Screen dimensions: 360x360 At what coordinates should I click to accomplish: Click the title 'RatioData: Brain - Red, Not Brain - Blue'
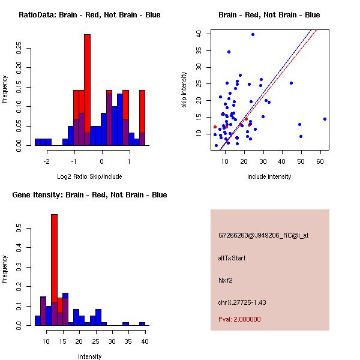click(89, 15)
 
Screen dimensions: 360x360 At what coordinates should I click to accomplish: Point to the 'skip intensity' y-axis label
click(184, 90)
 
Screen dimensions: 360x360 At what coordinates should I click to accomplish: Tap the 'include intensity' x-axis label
click(269, 176)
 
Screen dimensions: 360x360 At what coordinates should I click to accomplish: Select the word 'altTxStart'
click(232, 258)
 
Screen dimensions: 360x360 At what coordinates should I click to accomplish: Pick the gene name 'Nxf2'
click(225, 280)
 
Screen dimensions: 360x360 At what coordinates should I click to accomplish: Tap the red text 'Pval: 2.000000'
click(239, 319)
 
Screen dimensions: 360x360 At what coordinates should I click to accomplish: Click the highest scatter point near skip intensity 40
click(253, 35)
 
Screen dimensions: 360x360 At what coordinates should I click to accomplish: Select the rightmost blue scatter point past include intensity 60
click(325, 119)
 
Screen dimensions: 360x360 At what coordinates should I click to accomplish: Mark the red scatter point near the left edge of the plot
click(215, 127)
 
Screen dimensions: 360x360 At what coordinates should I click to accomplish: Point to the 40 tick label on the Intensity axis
click(144, 341)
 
